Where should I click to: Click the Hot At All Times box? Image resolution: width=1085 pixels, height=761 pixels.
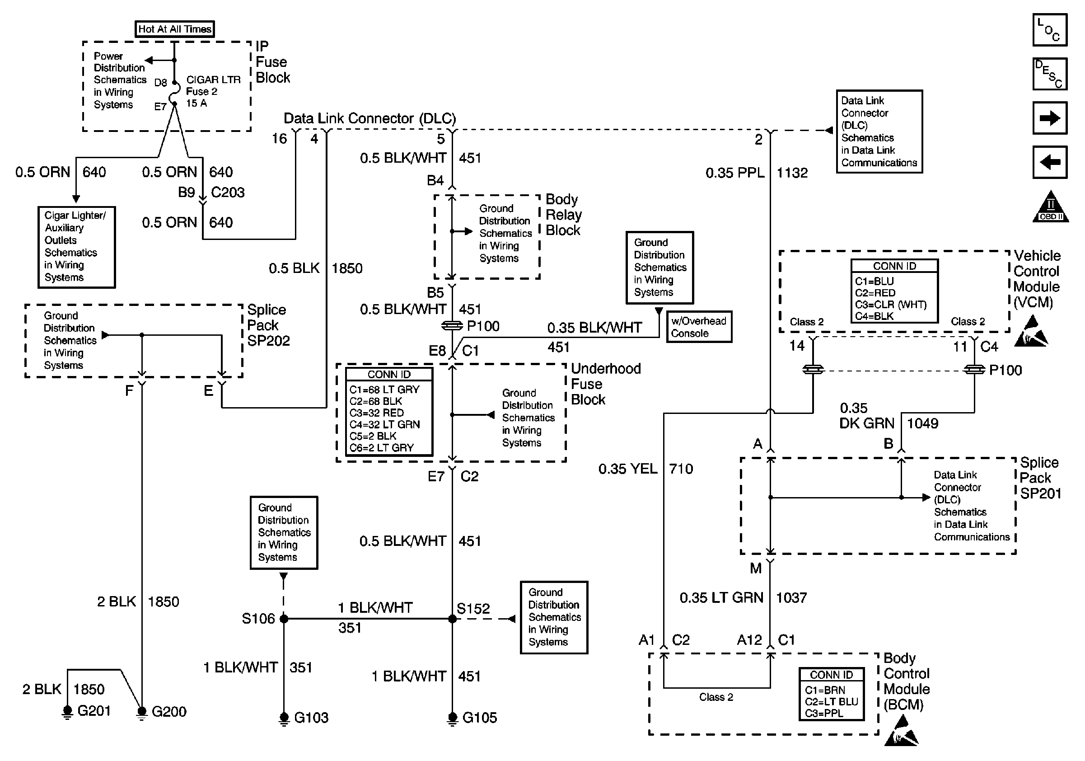174,29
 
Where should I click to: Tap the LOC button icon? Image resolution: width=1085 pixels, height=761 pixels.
1050,30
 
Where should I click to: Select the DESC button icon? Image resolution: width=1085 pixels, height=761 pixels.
1050,74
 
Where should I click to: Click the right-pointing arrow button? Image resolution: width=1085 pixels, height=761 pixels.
1050,117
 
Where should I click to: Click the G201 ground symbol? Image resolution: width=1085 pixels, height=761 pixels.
68,711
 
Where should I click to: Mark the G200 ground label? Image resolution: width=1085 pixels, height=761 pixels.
168,711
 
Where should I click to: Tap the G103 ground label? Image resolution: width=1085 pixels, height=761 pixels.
311,718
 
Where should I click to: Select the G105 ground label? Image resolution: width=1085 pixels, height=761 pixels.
479,718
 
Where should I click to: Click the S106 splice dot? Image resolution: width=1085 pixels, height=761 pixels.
284,618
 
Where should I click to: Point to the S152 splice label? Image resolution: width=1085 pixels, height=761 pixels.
473,608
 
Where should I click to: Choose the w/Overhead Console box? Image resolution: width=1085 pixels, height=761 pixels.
698,327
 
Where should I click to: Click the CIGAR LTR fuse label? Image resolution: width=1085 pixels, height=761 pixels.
213,80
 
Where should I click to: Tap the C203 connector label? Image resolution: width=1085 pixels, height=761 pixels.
227,193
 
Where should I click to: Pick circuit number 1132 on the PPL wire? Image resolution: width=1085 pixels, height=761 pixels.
792,173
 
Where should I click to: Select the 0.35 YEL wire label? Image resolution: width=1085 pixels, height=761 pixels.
627,469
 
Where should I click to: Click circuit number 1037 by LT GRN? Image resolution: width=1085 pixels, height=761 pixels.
791,598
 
